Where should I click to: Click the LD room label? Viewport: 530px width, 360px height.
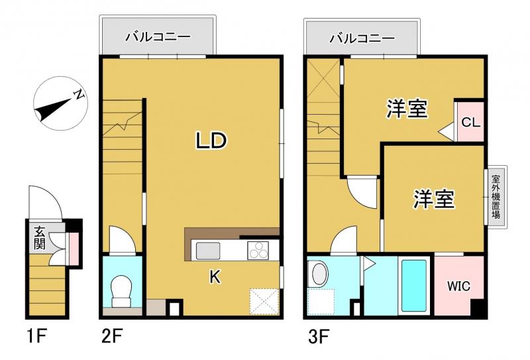click(x=211, y=141)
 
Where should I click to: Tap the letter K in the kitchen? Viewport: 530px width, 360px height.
click(x=215, y=277)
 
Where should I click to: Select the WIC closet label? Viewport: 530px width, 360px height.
click(x=458, y=286)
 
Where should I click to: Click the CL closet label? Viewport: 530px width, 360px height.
click(x=471, y=122)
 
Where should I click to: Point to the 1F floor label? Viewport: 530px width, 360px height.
click(x=36, y=336)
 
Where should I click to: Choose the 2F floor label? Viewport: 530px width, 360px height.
click(x=111, y=336)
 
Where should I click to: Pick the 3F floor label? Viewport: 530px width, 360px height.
click(x=318, y=336)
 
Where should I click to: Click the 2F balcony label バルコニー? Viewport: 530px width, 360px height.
click(x=158, y=37)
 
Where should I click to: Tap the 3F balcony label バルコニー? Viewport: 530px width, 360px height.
click(x=362, y=38)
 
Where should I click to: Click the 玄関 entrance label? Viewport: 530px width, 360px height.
click(x=39, y=238)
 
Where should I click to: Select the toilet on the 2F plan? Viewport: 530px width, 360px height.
click(x=121, y=291)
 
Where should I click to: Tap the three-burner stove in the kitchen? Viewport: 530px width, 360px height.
click(x=258, y=251)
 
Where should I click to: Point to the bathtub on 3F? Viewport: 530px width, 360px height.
click(x=413, y=285)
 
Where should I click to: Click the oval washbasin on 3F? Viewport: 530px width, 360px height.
click(x=319, y=274)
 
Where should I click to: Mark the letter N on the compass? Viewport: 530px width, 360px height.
click(x=79, y=94)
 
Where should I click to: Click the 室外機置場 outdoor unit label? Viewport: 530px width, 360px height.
click(x=496, y=197)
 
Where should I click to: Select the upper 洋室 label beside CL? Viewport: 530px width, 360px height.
click(x=407, y=109)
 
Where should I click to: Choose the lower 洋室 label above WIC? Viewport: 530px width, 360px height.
click(x=435, y=199)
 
